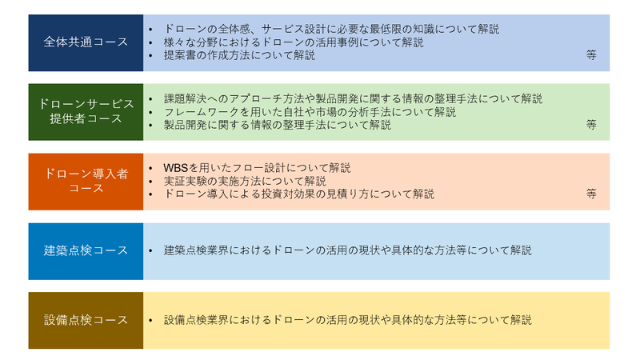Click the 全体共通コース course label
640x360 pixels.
coord(86,42)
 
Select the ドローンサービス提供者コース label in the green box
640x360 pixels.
coord(86,111)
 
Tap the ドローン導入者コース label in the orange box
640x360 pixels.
coord(86,181)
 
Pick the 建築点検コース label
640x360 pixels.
coord(86,250)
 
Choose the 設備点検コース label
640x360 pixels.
coord(86,319)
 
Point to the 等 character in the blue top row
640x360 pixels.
coord(591,54)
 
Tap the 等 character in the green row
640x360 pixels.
coord(591,124)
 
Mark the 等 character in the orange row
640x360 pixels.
coord(591,194)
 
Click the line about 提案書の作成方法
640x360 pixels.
coord(239,55)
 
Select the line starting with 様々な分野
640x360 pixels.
coord(294,42)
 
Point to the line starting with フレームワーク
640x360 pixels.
coord(310,111)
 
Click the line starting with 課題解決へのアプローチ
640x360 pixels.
coord(353,98)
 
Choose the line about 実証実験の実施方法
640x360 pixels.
coord(245,181)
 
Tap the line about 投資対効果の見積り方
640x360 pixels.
coord(299,194)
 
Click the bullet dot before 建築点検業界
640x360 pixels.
coord(150,250)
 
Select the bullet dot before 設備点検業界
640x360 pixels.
coord(150,321)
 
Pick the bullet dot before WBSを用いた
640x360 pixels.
coord(150,168)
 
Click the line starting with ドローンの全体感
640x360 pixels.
coord(331,29)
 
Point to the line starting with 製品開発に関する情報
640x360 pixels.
coord(278,125)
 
